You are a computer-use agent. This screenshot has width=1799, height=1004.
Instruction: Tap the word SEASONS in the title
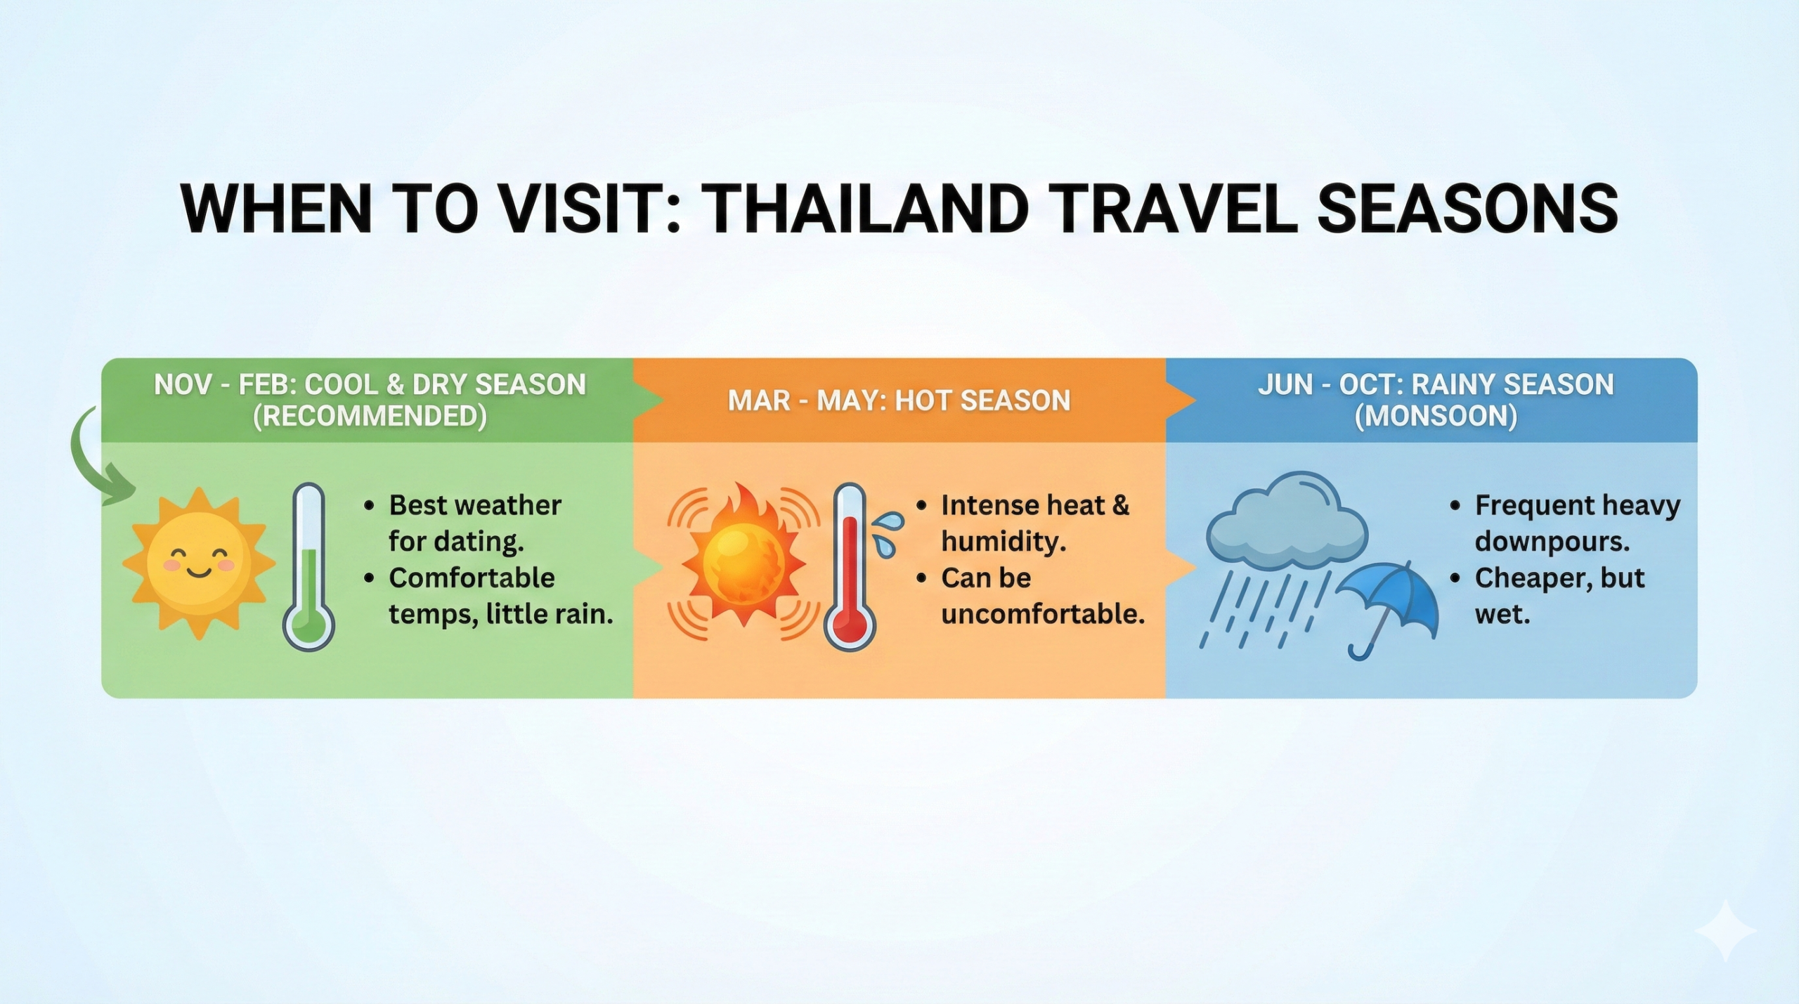coord(1467,209)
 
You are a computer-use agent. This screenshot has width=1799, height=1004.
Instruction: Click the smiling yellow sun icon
coord(199,563)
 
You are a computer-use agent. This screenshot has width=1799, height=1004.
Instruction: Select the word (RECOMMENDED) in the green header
coord(370,417)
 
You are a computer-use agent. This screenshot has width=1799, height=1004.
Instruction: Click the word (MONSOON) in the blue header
coord(1436,417)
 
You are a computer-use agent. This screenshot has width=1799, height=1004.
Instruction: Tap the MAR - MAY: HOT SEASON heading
coord(899,400)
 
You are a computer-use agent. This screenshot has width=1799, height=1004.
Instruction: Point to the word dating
coord(489,542)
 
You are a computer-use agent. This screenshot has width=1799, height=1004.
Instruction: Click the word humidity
coord(1004,542)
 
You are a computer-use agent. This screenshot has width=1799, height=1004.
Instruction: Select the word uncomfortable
coord(1043,615)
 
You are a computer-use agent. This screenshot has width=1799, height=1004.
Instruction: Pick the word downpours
coord(1552,542)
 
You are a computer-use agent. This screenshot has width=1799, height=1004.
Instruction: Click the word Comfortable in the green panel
coord(472,578)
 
